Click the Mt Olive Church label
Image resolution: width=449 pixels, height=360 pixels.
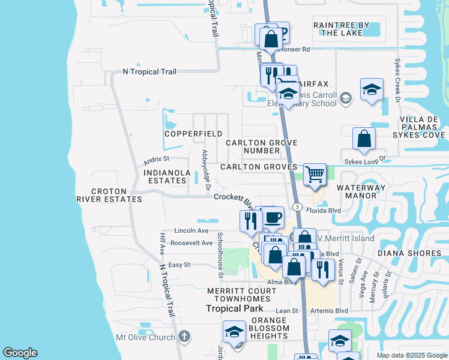pos(145,337)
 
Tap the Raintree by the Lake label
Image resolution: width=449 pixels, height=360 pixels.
pos(342,29)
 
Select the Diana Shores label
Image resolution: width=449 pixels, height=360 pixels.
pos(409,253)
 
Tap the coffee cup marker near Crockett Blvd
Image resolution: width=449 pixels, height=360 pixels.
pos(273,217)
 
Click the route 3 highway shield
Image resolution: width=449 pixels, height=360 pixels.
pos(297,206)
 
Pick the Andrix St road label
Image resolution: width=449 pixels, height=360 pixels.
pos(157,160)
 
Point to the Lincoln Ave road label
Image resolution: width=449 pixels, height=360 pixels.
pos(190,230)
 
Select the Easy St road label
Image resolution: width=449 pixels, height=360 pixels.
pos(179,265)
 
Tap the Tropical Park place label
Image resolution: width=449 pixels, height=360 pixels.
pos(235,308)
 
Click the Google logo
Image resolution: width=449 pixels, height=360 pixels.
pos(20,353)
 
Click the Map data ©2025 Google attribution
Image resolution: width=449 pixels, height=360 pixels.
pos(411,355)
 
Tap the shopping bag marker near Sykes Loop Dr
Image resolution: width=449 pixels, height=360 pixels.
pos(364,139)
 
